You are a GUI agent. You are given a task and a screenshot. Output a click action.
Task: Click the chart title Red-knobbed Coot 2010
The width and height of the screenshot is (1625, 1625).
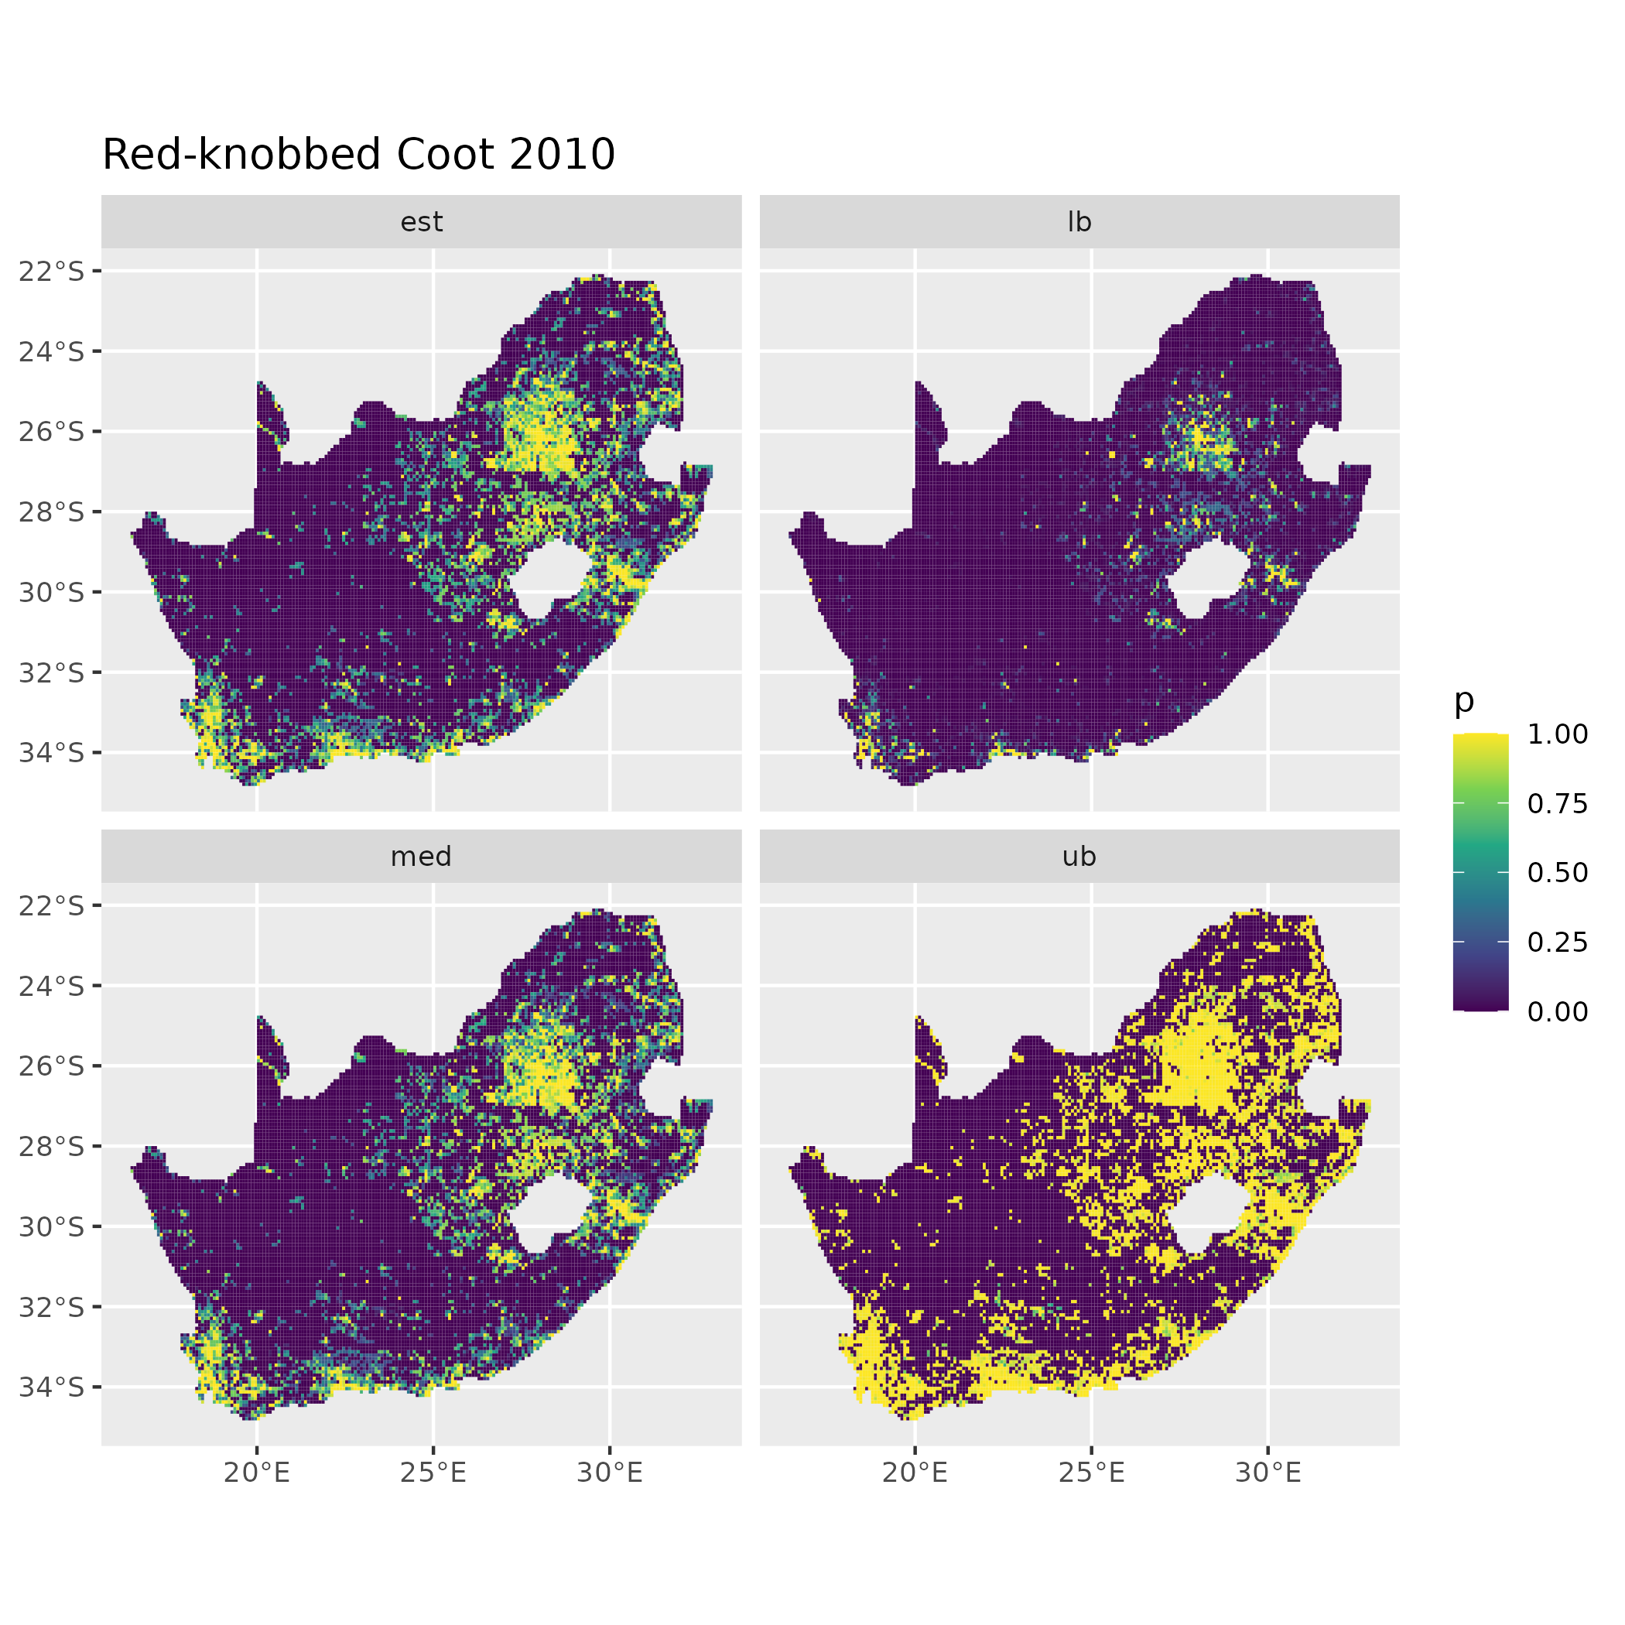click(358, 156)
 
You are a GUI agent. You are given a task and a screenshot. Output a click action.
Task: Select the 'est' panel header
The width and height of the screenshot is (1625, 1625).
click(422, 222)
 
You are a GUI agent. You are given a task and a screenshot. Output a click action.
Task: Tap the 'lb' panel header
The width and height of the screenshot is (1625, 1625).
click(1079, 222)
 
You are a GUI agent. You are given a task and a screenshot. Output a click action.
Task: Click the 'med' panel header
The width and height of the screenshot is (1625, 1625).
click(422, 857)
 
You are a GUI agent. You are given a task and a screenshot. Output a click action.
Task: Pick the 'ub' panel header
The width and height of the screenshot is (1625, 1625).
click(1079, 857)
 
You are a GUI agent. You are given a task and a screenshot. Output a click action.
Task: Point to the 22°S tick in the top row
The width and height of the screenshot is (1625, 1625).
click(52, 271)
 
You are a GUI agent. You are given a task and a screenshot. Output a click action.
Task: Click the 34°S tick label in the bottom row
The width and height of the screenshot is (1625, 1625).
click(52, 1387)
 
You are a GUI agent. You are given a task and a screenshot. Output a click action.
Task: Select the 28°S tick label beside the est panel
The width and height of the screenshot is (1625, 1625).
click(52, 511)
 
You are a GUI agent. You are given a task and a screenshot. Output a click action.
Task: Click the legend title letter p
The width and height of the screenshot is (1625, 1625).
click(1464, 700)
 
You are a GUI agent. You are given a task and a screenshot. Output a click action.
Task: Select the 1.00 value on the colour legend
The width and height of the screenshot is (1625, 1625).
click(1558, 734)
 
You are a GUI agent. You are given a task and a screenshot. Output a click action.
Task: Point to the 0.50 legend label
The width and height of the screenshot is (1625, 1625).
click(1558, 872)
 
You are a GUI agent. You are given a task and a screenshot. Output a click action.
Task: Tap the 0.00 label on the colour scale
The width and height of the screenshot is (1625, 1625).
click(1558, 1011)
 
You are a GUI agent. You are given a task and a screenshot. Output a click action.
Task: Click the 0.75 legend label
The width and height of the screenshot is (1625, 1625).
click(1558, 803)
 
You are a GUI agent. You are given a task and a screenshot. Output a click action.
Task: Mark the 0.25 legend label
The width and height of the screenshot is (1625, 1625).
click(1558, 942)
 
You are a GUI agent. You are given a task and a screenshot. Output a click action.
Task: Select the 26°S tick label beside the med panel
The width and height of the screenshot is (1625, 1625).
click(52, 1066)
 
